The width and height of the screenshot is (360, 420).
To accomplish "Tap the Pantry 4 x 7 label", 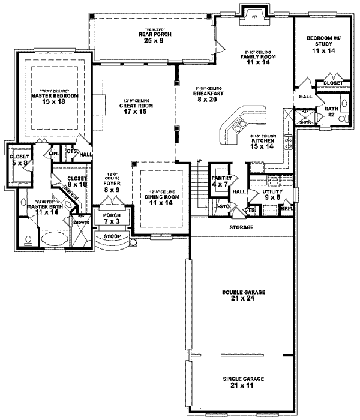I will pos(218,181).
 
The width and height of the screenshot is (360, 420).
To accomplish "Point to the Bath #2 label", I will pos(331,112).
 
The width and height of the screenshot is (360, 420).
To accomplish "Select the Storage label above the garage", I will pos(240,228).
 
